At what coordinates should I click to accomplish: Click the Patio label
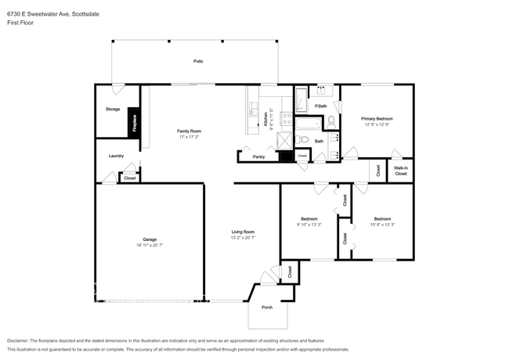(199, 61)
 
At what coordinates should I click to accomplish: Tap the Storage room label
(113, 109)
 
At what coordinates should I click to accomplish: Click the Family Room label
(190, 131)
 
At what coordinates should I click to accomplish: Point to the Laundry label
(116, 156)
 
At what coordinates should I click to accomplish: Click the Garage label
(149, 239)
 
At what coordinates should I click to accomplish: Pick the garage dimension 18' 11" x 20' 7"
(149, 246)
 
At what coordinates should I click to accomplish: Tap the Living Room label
(243, 231)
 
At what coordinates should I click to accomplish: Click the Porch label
(266, 307)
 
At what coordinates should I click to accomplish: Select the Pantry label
(258, 157)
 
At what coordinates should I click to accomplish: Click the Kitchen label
(265, 119)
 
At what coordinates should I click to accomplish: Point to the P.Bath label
(320, 106)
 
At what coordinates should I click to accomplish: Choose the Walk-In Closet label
(400, 170)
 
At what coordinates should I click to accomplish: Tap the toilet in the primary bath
(331, 121)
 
